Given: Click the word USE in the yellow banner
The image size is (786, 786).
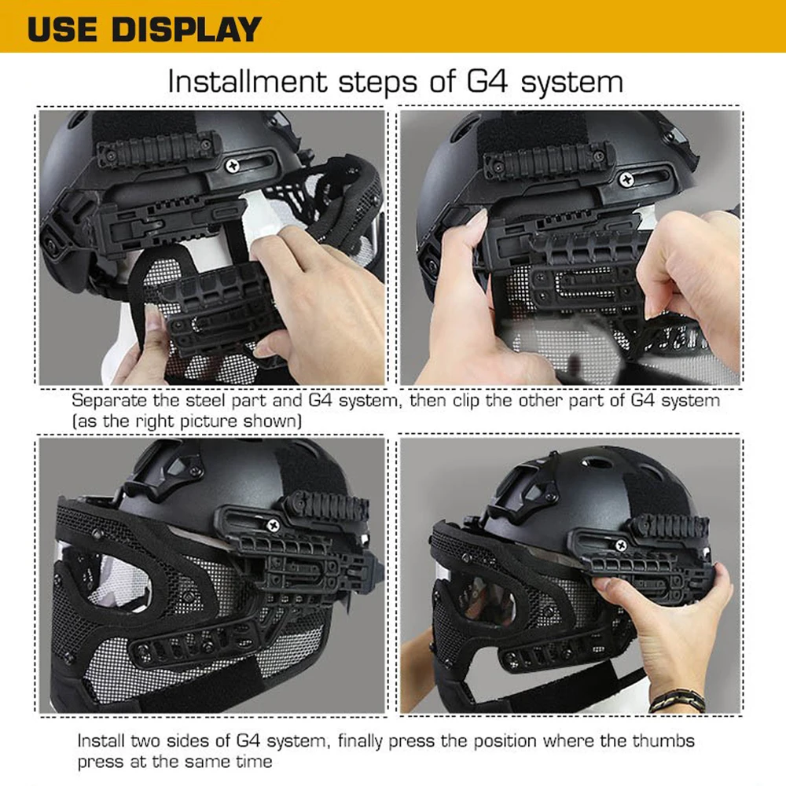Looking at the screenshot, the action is tap(62, 29).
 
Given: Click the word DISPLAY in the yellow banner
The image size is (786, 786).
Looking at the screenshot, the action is tap(186, 29).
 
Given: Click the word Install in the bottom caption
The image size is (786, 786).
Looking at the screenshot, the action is tap(101, 741).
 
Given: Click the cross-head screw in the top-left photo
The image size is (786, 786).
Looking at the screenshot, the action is tap(233, 165).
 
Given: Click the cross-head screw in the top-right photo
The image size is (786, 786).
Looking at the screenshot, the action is tap(626, 179).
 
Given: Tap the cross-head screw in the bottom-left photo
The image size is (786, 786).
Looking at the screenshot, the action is tap(274, 525).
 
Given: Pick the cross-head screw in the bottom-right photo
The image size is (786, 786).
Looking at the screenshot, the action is tap(621, 545).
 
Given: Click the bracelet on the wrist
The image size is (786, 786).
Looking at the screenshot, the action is tap(678, 700).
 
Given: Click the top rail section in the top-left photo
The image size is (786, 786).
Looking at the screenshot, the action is tap(157, 148).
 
